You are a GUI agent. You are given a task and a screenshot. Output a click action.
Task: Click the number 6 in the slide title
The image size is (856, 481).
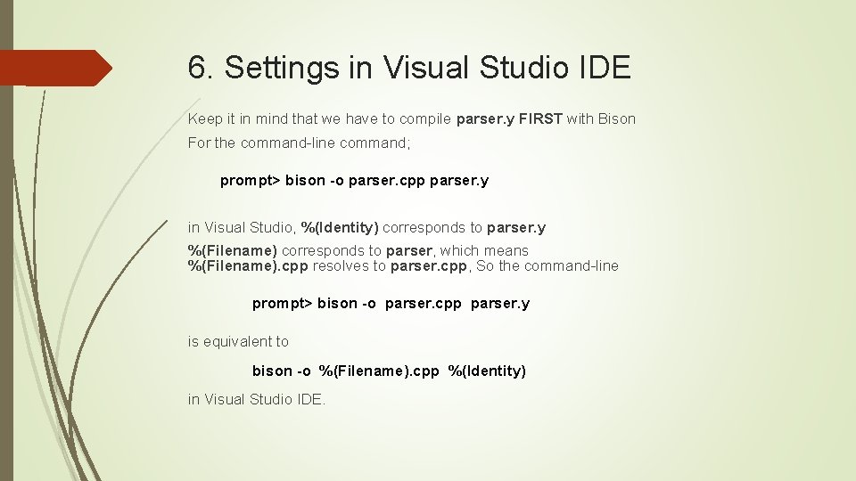[198, 67]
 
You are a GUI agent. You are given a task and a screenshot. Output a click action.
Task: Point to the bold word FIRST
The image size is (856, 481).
[540, 118]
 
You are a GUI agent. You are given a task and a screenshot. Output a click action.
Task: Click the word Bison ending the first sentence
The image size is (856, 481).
[616, 118]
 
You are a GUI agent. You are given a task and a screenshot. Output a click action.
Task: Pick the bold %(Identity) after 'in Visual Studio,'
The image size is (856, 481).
[340, 227]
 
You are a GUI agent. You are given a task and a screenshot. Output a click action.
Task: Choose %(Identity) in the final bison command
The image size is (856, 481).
[487, 371]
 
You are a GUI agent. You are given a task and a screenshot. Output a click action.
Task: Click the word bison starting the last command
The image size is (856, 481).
[272, 371]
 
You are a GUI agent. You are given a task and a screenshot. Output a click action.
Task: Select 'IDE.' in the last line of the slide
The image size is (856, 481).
[310, 399]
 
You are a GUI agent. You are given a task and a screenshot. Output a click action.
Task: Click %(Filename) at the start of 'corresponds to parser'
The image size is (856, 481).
[233, 250]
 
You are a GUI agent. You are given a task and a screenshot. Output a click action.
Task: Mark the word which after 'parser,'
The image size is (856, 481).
[461, 250]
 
